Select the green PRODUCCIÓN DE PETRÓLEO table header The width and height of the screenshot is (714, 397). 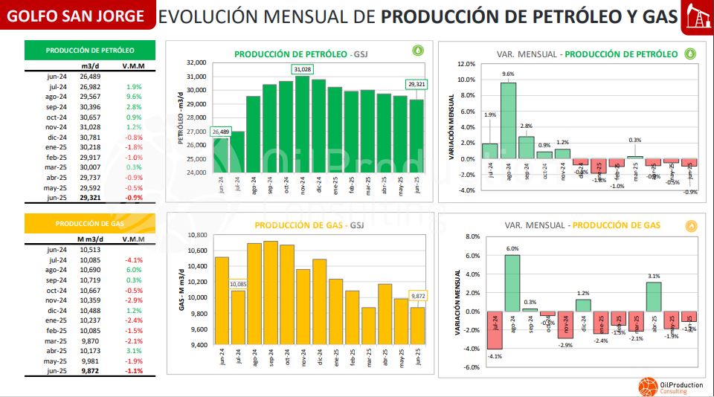tap(90, 51)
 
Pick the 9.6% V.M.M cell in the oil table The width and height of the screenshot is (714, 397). tap(134, 97)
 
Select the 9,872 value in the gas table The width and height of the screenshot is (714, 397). tap(90, 370)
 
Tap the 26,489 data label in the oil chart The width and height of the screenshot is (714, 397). tap(221, 132)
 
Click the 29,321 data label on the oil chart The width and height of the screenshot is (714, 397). tap(416, 84)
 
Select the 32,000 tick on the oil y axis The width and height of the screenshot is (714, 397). tap(196, 63)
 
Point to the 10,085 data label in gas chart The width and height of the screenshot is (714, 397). tap(238, 283)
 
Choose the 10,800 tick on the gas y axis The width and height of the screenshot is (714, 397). tap(196, 235)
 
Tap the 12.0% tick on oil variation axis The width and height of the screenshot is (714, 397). tap(466, 64)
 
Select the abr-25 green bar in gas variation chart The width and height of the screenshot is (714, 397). tap(654, 297)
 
